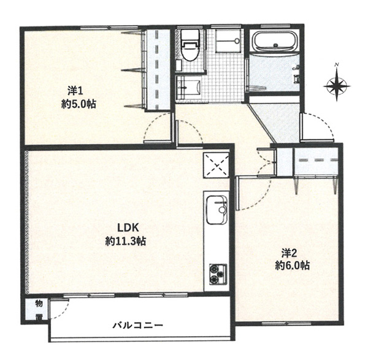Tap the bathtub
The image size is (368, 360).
[276, 41]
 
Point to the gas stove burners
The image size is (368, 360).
[218, 274]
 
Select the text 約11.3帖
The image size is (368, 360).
[126, 241]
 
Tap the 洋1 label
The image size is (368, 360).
[75, 91]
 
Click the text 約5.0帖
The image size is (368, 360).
[79, 104]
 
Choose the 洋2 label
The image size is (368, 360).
[289, 253]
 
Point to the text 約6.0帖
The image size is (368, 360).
[292, 266]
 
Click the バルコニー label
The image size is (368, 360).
[138, 325]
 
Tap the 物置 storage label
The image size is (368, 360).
[39, 310]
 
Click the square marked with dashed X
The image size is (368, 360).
[216, 165]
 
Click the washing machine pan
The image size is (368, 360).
[228, 42]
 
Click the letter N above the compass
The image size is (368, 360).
[337, 64]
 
